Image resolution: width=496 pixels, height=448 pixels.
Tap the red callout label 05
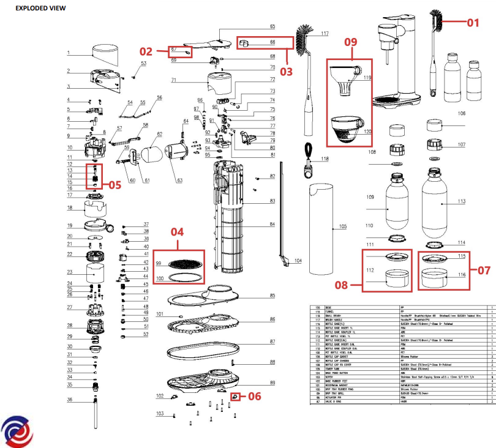pos(115,184)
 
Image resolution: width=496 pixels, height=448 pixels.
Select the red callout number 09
pos(350,43)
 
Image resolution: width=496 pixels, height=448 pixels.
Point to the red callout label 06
pos(254,396)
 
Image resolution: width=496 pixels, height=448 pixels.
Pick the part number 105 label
pos(342,227)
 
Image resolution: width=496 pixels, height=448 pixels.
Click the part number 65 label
pos(272,27)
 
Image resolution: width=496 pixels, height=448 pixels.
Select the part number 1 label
pos(69,53)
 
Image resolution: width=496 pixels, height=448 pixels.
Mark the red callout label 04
pos(177,232)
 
